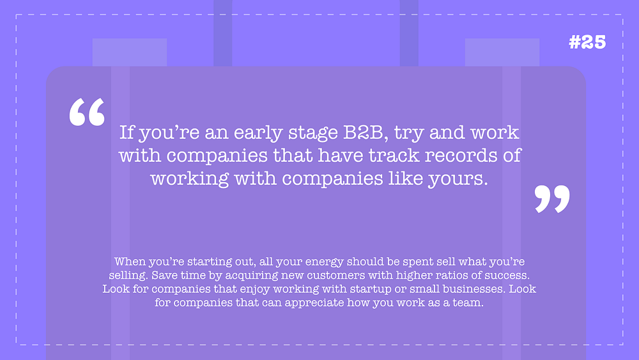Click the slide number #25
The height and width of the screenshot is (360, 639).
click(587, 42)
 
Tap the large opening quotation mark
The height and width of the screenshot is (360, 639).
click(87, 112)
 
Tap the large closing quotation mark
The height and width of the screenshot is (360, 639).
click(552, 199)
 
